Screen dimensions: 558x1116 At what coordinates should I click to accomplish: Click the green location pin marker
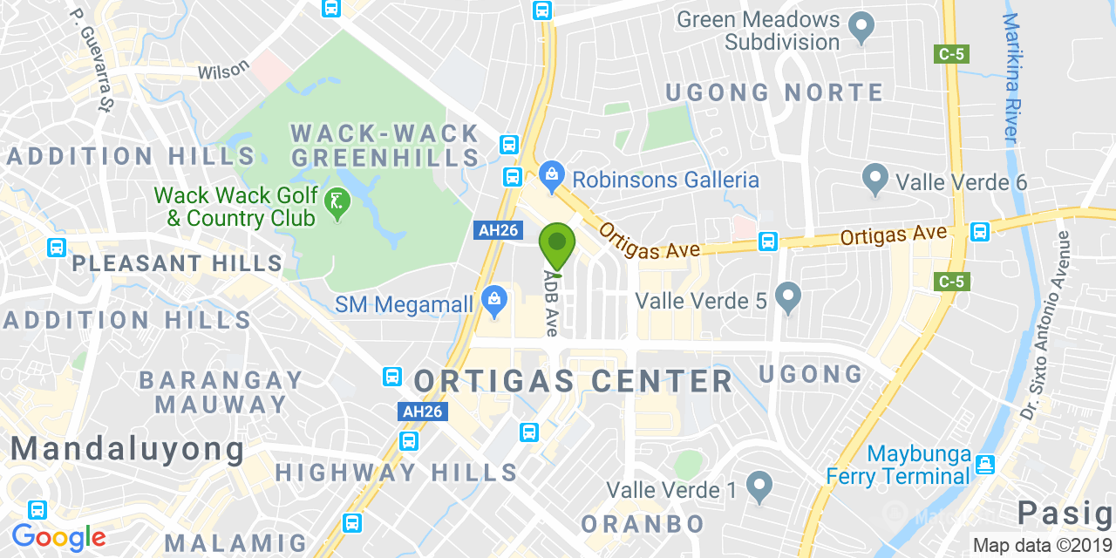pos(557,244)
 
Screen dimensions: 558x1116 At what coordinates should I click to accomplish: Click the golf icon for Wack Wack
pos(336,204)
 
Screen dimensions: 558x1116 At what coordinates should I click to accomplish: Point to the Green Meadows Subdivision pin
pos(861,28)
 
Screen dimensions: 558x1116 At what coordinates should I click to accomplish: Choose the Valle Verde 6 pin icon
pos(874,180)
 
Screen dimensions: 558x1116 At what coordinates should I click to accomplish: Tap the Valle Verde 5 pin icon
pos(788,299)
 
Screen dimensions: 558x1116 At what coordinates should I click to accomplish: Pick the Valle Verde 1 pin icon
pos(759,488)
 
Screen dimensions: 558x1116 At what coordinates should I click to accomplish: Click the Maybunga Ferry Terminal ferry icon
pos(986,464)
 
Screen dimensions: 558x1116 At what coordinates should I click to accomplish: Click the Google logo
pos(58,537)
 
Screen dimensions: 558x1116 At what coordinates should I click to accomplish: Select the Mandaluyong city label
pos(127,449)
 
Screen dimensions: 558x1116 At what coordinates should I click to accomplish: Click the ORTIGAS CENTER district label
pos(573,381)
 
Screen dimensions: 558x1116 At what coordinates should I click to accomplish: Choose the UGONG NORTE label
pos(774,92)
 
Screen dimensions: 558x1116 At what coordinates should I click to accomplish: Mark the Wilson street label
pos(223,70)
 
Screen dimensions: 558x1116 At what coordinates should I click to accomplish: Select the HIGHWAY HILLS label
pos(397,473)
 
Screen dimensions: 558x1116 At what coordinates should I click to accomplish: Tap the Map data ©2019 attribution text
pos(1042,546)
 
